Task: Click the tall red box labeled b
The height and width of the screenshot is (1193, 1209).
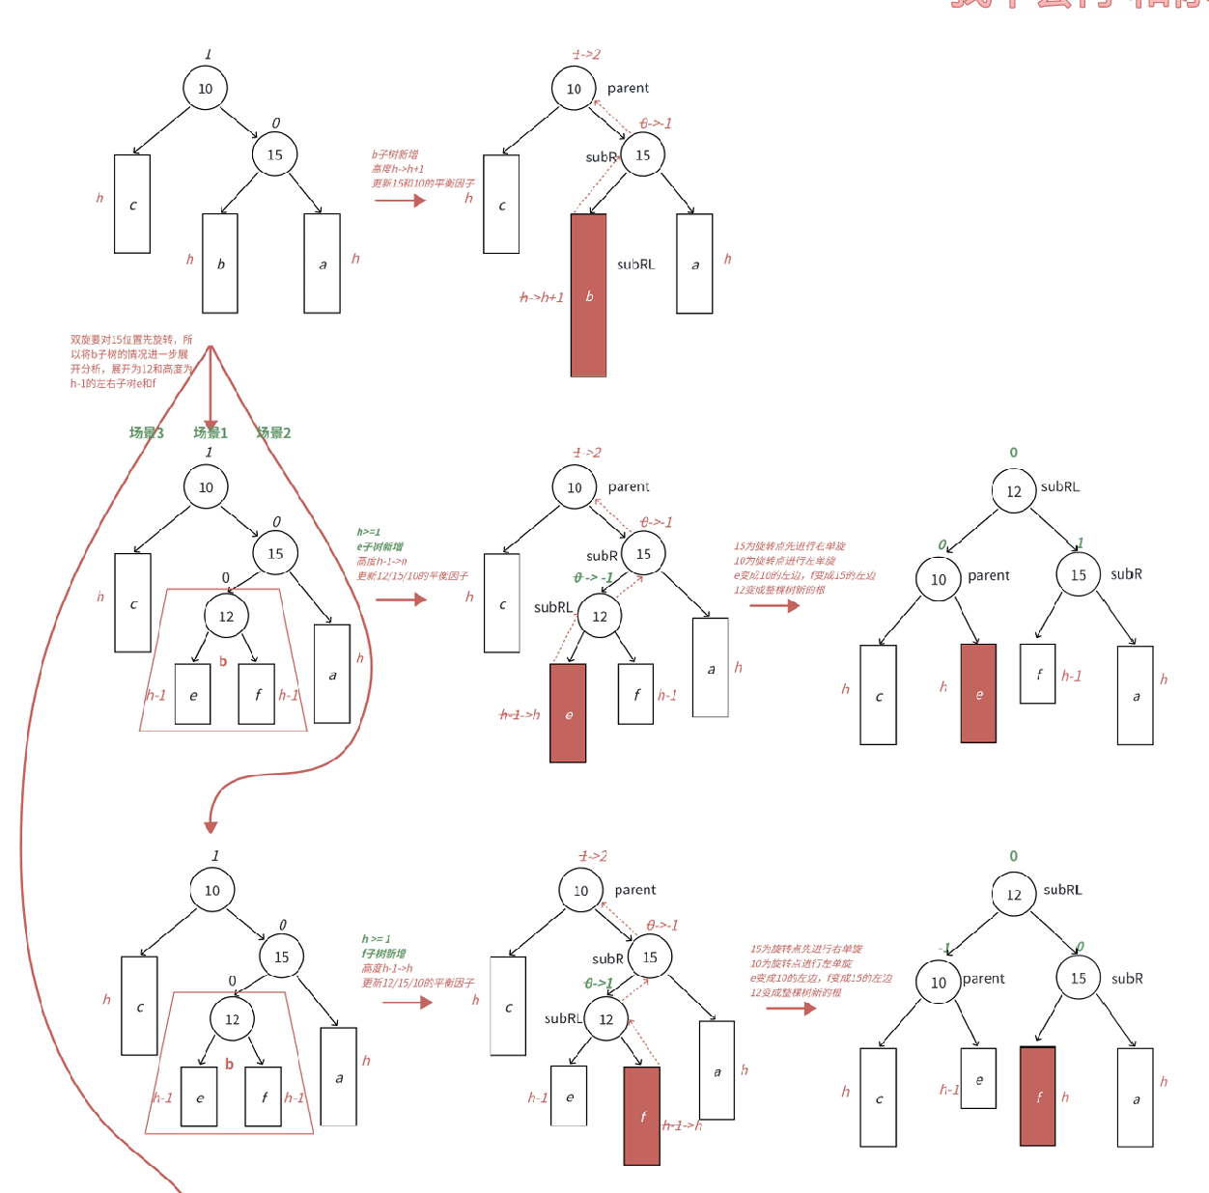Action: pos(588,294)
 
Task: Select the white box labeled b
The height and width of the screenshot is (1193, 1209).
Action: pos(220,263)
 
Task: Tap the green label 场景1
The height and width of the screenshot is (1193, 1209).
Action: pos(211,432)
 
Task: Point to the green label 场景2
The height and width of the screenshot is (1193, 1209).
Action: pos(273,432)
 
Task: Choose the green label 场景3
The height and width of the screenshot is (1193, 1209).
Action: pos(147,432)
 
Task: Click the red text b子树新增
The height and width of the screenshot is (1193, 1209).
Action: pos(395,154)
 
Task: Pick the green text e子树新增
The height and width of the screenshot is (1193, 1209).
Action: pos(380,546)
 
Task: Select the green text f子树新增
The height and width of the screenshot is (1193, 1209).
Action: pos(384,953)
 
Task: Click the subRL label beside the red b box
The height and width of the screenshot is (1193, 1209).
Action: pos(635,264)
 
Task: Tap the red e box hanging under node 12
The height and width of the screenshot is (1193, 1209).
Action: pos(568,713)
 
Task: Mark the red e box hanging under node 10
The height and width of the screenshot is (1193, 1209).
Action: pos(978,693)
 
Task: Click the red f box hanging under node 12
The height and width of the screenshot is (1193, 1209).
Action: pos(642,1116)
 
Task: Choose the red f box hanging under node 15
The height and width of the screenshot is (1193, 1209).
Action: pos(1038,1096)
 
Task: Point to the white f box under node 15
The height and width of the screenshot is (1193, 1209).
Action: pos(1038,674)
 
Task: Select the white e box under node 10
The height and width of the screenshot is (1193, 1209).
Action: pos(978,1079)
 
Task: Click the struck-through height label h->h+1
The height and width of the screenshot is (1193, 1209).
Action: pos(542,297)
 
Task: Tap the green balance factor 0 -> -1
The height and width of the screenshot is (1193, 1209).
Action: pos(593,577)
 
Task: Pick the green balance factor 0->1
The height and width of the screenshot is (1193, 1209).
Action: pos(599,983)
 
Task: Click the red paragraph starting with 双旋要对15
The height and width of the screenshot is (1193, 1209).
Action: pos(131,361)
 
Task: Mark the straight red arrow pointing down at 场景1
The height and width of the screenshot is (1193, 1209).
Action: pos(211,386)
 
